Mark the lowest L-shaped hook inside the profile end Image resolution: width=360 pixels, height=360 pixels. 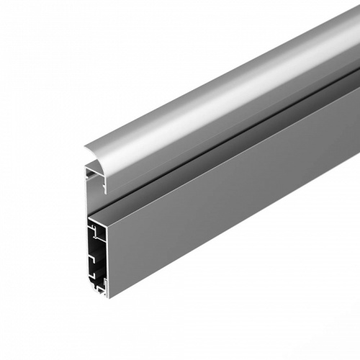(94, 278)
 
